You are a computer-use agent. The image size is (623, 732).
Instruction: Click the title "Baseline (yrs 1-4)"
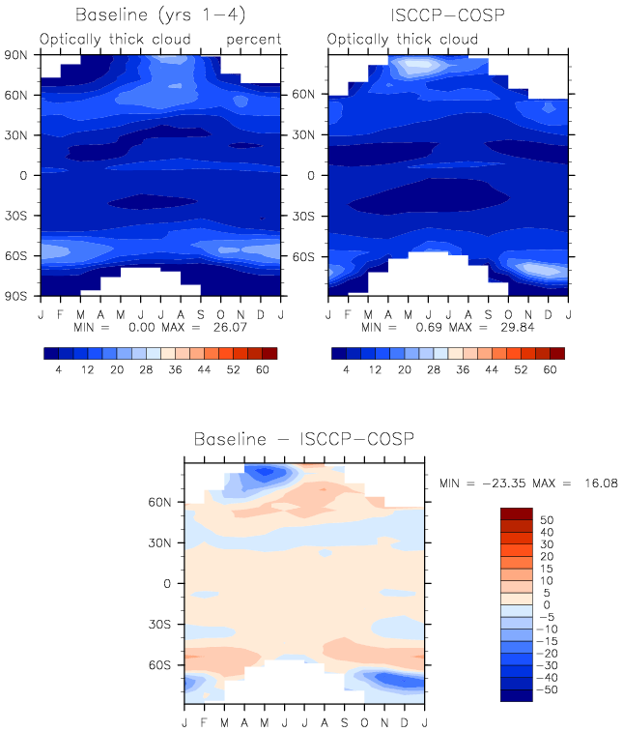160,15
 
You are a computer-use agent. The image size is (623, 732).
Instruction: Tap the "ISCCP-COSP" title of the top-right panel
447,15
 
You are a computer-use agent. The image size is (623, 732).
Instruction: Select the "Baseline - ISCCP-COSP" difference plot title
303,439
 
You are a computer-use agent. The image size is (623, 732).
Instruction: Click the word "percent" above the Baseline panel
254,41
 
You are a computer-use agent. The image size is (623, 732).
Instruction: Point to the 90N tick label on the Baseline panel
15,55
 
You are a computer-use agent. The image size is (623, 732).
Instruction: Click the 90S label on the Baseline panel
15,297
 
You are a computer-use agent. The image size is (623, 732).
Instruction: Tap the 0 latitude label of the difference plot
167,583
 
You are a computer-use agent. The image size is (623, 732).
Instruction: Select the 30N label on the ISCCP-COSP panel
303,135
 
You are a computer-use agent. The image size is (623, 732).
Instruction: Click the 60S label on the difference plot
159,664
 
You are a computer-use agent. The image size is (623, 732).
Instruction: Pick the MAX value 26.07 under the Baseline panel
230,327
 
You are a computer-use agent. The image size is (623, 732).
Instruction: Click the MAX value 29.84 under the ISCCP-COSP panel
518,327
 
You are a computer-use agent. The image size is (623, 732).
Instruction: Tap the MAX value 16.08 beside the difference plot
602,483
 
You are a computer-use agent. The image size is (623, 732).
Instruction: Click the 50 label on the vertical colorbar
547,520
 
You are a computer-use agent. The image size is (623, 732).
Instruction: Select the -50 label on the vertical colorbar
547,690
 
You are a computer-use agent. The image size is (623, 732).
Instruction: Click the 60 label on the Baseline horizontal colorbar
263,369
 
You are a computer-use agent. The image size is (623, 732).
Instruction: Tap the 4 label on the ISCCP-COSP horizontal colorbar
346,369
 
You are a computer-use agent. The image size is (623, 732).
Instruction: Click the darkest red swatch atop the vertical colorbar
517,514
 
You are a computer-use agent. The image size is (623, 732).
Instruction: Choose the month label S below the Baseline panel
201,314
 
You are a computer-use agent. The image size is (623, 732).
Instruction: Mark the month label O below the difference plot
364,722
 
